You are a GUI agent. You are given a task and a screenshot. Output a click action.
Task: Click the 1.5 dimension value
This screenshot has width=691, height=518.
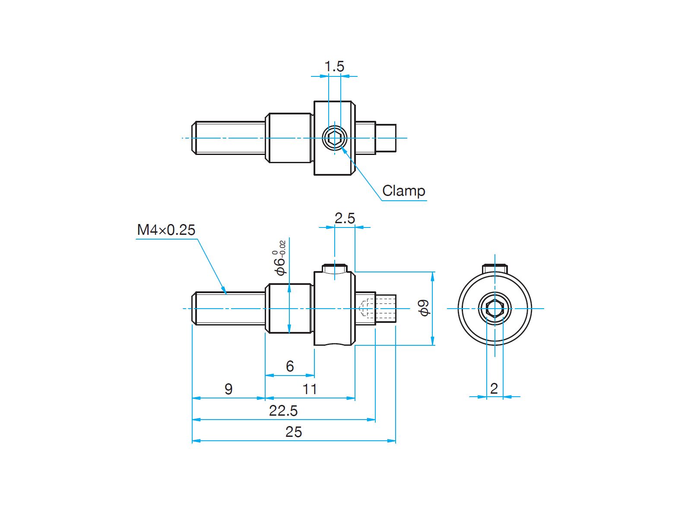pyautogui.click(x=334, y=66)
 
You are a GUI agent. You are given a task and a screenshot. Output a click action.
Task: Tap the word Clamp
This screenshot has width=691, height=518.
pyautogui.click(x=403, y=191)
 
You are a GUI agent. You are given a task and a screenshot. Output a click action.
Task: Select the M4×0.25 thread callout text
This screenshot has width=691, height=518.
pyautogui.click(x=166, y=230)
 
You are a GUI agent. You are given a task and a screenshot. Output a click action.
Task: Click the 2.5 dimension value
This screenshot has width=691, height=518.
pyautogui.click(x=344, y=218)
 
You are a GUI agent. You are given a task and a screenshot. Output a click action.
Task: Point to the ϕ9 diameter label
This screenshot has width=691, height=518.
pyautogui.click(x=425, y=308)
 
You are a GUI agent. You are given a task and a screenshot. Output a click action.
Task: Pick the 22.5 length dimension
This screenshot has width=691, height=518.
pyautogui.click(x=283, y=411)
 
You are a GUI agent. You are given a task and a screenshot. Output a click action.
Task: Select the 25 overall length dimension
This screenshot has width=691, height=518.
pyautogui.click(x=294, y=432)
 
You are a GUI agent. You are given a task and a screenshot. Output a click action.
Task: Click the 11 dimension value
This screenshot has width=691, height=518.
pyautogui.click(x=310, y=389)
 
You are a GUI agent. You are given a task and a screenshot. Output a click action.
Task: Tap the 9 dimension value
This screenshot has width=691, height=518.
pyautogui.click(x=228, y=389)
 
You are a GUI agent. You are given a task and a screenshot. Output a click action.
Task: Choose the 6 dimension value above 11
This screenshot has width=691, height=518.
pyautogui.click(x=290, y=366)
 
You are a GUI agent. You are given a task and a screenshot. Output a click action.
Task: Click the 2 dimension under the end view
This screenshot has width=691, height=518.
pyautogui.click(x=494, y=388)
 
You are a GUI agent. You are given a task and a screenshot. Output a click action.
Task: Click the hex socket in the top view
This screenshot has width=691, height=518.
pyautogui.click(x=334, y=138)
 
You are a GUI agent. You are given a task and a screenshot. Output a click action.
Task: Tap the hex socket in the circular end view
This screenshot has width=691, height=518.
pyautogui.click(x=495, y=309)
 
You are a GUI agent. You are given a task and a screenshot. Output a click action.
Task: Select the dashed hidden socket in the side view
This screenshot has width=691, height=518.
pyautogui.click(x=366, y=308)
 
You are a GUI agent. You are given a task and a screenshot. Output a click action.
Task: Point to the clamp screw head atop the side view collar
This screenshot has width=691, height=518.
pyautogui.click(x=335, y=268)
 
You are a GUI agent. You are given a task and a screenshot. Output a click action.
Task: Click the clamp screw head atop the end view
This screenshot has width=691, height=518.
pyautogui.click(x=495, y=268)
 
